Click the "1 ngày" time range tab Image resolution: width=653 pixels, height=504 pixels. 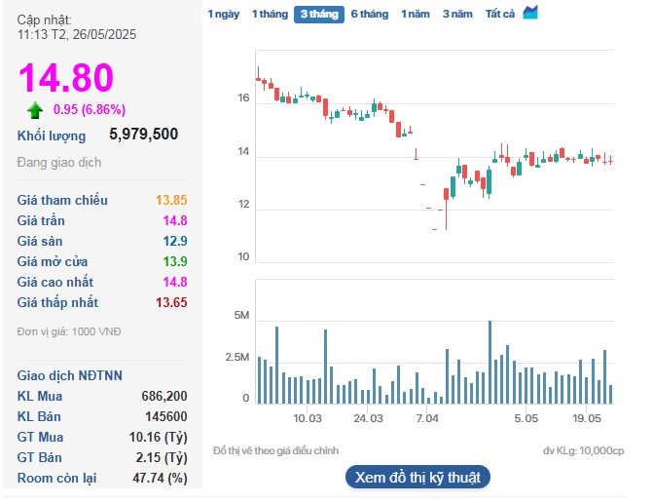tap(223, 14)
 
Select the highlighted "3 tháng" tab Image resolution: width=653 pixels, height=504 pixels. tap(318, 14)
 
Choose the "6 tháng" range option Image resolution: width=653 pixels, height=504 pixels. tap(369, 14)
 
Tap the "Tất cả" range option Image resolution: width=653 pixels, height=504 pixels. tap(500, 14)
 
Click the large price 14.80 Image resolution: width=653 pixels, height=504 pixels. tap(66, 78)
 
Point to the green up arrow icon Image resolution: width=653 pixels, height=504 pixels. tap(35, 109)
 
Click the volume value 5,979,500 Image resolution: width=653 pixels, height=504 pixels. tap(143, 135)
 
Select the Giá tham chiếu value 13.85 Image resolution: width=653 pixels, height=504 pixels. tap(171, 200)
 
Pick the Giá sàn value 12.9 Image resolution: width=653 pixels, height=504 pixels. tap(175, 241)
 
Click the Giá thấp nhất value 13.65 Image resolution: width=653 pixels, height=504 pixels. tap(171, 302)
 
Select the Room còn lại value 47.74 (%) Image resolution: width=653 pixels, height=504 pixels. tap(160, 478)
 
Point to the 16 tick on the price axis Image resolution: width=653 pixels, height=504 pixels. tap(243, 98)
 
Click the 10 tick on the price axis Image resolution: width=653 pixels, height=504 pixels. tap(243, 257)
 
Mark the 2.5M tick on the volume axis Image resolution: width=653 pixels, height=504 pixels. tap(237, 358)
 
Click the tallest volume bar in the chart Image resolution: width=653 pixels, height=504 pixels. tap(490, 362)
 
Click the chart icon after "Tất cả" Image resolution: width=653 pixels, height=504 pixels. tap(530, 13)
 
